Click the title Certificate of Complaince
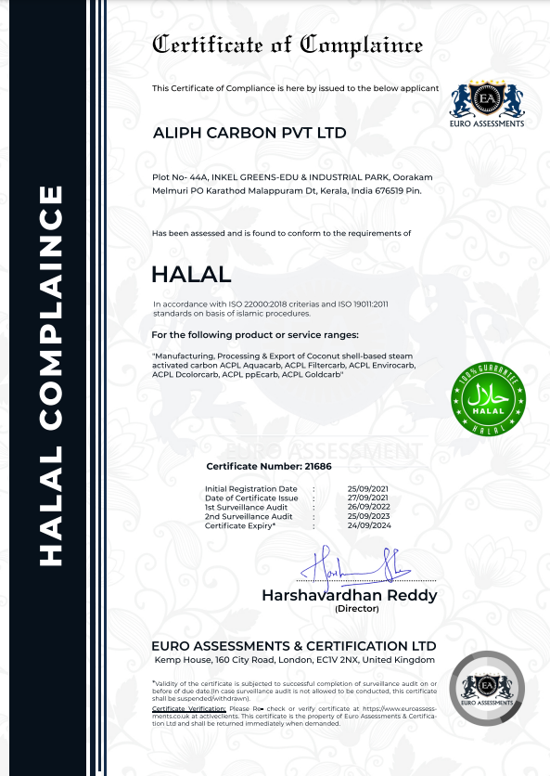287,45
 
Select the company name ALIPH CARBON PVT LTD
249,133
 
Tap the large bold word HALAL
191,275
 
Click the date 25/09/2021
366,488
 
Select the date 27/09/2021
366,498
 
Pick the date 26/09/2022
366,508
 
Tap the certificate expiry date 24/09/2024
366,526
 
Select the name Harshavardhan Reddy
349,595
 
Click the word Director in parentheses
350,609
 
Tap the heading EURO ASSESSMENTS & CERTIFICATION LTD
293,645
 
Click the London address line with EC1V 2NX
293,660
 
